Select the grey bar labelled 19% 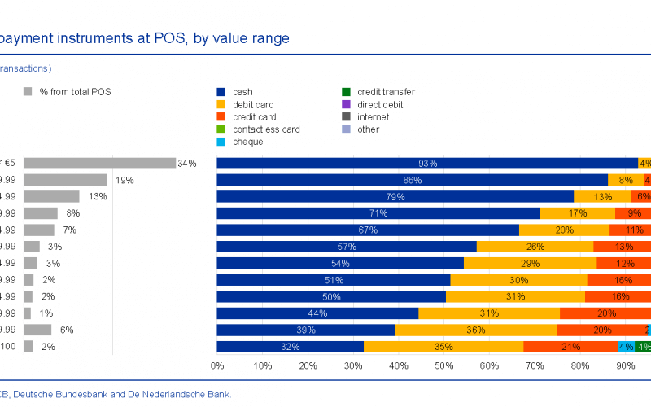point(65,180)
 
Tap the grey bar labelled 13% point(51,196)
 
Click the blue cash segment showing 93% point(427,163)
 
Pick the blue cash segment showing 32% point(290,347)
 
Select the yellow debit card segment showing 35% point(443,347)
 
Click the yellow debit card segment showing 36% point(476,330)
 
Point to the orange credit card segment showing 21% point(570,347)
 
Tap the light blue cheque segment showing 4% point(627,347)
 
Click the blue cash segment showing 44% point(317,313)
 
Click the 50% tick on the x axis point(444,366)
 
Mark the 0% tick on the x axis point(217,366)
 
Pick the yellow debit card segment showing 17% point(577,213)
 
